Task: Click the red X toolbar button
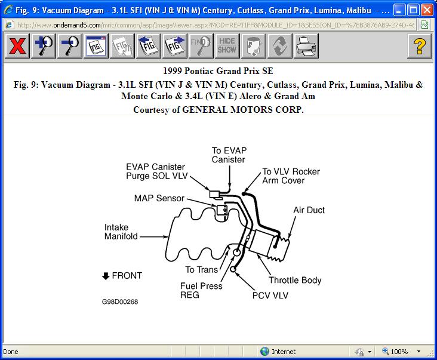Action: pyautogui.click(x=18, y=46)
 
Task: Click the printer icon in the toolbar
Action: pyautogui.click(x=306, y=46)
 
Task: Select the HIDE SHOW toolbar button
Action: pyautogui.click(x=226, y=46)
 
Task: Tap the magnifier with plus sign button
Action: pyautogui.click(x=44, y=46)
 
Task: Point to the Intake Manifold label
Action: pyautogui.click(x=121, y=232)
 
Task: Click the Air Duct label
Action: pyautogui.click(x=309, y=210)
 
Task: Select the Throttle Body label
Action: pyautogui.click(x=295, y=280)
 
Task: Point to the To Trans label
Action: pyautogui.click(x=201, y=270)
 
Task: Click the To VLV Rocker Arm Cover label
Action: pyautogui.click(x=291, y=176)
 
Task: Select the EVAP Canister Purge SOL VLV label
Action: pyautogui.click(x=155, y=171)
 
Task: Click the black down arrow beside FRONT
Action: pyautogui.click(x=106, y=276)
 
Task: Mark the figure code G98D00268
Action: pyautogui.click(x=120, y=301)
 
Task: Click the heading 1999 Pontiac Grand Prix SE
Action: pyautogui.click(x=218, y=70)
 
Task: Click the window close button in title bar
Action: pyautogui.click(x=427, y=10)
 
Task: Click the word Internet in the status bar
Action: pyautogui.click(x=284, y=352)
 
